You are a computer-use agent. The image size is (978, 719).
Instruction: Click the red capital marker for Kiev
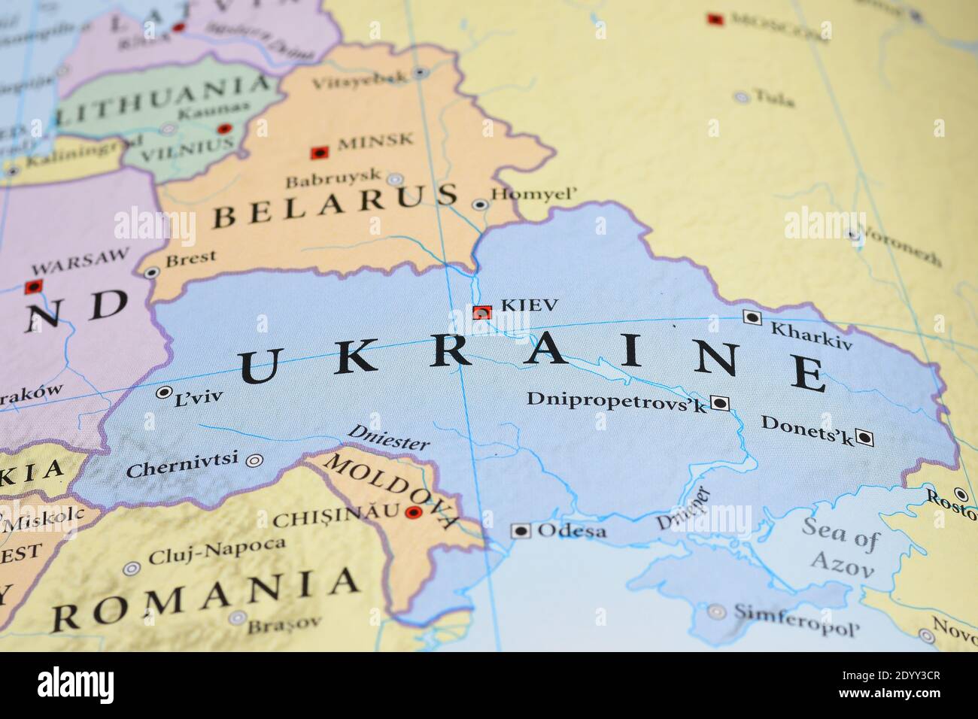coord(481,312)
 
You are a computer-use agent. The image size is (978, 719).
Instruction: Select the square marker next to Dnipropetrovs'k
coord(720,403)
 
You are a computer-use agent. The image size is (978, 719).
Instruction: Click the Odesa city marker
coord(521,531)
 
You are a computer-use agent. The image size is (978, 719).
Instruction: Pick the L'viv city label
coord(199,396)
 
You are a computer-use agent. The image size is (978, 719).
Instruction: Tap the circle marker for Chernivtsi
coord(256,460)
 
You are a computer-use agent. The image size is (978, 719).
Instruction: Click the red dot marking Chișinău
coord(412,513)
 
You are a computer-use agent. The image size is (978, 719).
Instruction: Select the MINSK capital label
coord(375,141)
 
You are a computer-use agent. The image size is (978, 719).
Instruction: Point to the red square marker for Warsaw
coord(33,287)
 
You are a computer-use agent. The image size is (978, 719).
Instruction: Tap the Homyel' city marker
coord(479,204)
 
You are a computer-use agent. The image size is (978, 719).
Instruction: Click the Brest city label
coord(190,259)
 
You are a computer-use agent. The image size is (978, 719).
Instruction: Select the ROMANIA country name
coord(205,599)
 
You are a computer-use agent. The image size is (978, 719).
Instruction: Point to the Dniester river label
coord(388,438)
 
